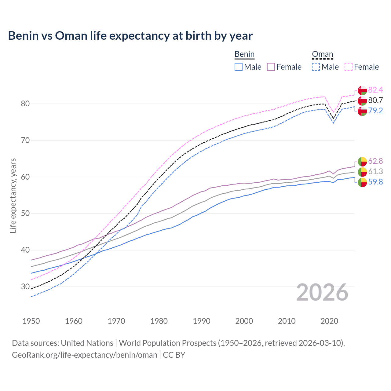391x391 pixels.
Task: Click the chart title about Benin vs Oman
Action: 130,36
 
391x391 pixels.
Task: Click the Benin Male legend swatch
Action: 239,67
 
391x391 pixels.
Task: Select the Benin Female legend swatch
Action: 271,67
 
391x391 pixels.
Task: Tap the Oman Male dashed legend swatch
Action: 316,67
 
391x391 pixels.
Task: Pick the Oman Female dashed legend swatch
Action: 349,67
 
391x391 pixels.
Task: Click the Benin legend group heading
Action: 244,54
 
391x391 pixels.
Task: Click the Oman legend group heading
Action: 322,54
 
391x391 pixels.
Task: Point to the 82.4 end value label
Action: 375,90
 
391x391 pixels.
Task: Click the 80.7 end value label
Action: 375,100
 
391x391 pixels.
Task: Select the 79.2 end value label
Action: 375,111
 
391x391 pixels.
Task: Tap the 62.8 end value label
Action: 375,161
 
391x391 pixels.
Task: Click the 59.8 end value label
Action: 375,182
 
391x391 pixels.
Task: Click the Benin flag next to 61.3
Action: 362,172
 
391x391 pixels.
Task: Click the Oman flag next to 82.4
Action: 362,90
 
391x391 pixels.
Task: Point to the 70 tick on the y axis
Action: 25,141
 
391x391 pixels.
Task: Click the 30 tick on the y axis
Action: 25,287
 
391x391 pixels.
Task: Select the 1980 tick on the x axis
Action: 159,321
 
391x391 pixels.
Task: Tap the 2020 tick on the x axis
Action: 329,321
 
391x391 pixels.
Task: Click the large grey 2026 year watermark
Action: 322,292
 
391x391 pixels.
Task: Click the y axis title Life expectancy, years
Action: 13,195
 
